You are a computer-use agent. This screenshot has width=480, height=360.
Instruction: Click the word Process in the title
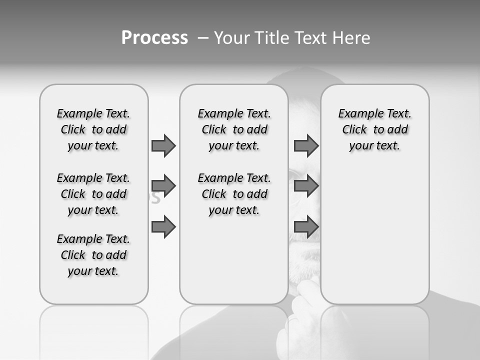tap(154, 37)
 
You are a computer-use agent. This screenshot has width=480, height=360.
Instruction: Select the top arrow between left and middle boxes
tap(163, 146)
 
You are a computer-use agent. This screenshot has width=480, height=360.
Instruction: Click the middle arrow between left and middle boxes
tap(163, 186)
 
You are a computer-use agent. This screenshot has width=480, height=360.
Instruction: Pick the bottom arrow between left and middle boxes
tap(163, 227)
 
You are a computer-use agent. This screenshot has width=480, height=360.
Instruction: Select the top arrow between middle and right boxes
tap(306, 146)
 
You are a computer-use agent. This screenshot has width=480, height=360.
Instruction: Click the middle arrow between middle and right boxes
tap(306, 186)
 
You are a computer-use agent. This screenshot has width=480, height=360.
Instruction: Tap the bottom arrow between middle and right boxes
tap(306, 227)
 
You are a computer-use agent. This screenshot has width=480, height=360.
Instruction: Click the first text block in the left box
tap(93, 129)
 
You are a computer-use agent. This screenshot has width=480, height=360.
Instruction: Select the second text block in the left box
tap(93, 194)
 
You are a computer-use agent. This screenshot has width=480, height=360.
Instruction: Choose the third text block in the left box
tap(93, 255)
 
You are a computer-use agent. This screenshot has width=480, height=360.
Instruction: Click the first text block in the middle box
tap(234, 129)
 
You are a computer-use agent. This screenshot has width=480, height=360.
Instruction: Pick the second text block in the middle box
tap(234, 194)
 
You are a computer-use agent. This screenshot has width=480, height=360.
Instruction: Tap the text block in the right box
tap(374, 129)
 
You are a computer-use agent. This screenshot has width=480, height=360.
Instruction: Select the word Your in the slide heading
tap(230, 37)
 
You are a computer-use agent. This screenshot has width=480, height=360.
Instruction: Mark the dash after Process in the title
tap(202, 37)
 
